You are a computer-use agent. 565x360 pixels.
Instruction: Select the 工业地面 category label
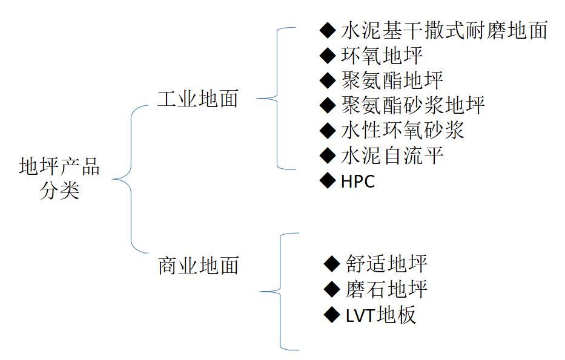tap(198, 99)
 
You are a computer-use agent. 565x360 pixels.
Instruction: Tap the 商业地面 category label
tap(198, 265)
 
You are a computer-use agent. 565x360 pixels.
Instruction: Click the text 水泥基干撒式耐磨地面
tap(444, 30)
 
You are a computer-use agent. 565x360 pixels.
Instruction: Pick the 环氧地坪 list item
tap(382, 56)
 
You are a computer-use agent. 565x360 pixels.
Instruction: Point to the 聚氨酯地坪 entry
tap(392, 80)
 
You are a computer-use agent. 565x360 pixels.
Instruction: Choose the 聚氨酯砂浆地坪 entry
tap(412, 105)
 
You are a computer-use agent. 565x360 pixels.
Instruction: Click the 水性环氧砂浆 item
tap(402, 130)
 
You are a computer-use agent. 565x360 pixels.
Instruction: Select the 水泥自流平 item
tap(392, 155)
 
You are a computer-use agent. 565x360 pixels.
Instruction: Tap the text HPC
tap(358, 182)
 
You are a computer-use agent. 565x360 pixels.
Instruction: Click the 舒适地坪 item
tap(387, 264)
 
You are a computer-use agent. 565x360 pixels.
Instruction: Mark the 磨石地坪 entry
tap(387, 289)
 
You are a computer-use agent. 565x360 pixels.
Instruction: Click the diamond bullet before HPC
tap(328, 180)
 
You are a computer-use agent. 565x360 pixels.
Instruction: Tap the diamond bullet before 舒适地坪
tap(332, 263)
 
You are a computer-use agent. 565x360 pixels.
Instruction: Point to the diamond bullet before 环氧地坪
tap(328, 56)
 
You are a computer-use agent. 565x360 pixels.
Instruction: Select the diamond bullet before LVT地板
tap(332, 314)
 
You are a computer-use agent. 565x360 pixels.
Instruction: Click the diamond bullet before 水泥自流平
tap(328, 155)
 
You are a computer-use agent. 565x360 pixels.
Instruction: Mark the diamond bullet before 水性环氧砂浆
tap(328, 130)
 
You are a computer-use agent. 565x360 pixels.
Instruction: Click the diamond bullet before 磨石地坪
tap(332, 289)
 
